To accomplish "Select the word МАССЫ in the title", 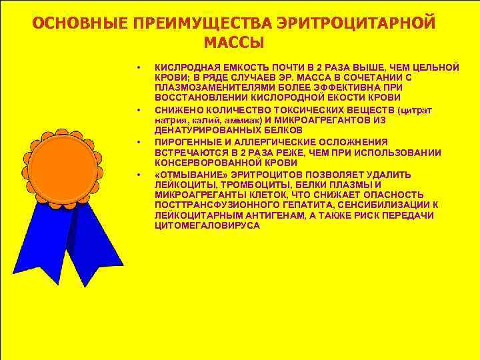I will pyautogui.click(x=233, y=43).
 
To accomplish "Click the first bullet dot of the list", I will pyautogui.click(x=138, y=67).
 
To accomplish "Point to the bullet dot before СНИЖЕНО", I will pyautogui.click(x=138, y=109).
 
